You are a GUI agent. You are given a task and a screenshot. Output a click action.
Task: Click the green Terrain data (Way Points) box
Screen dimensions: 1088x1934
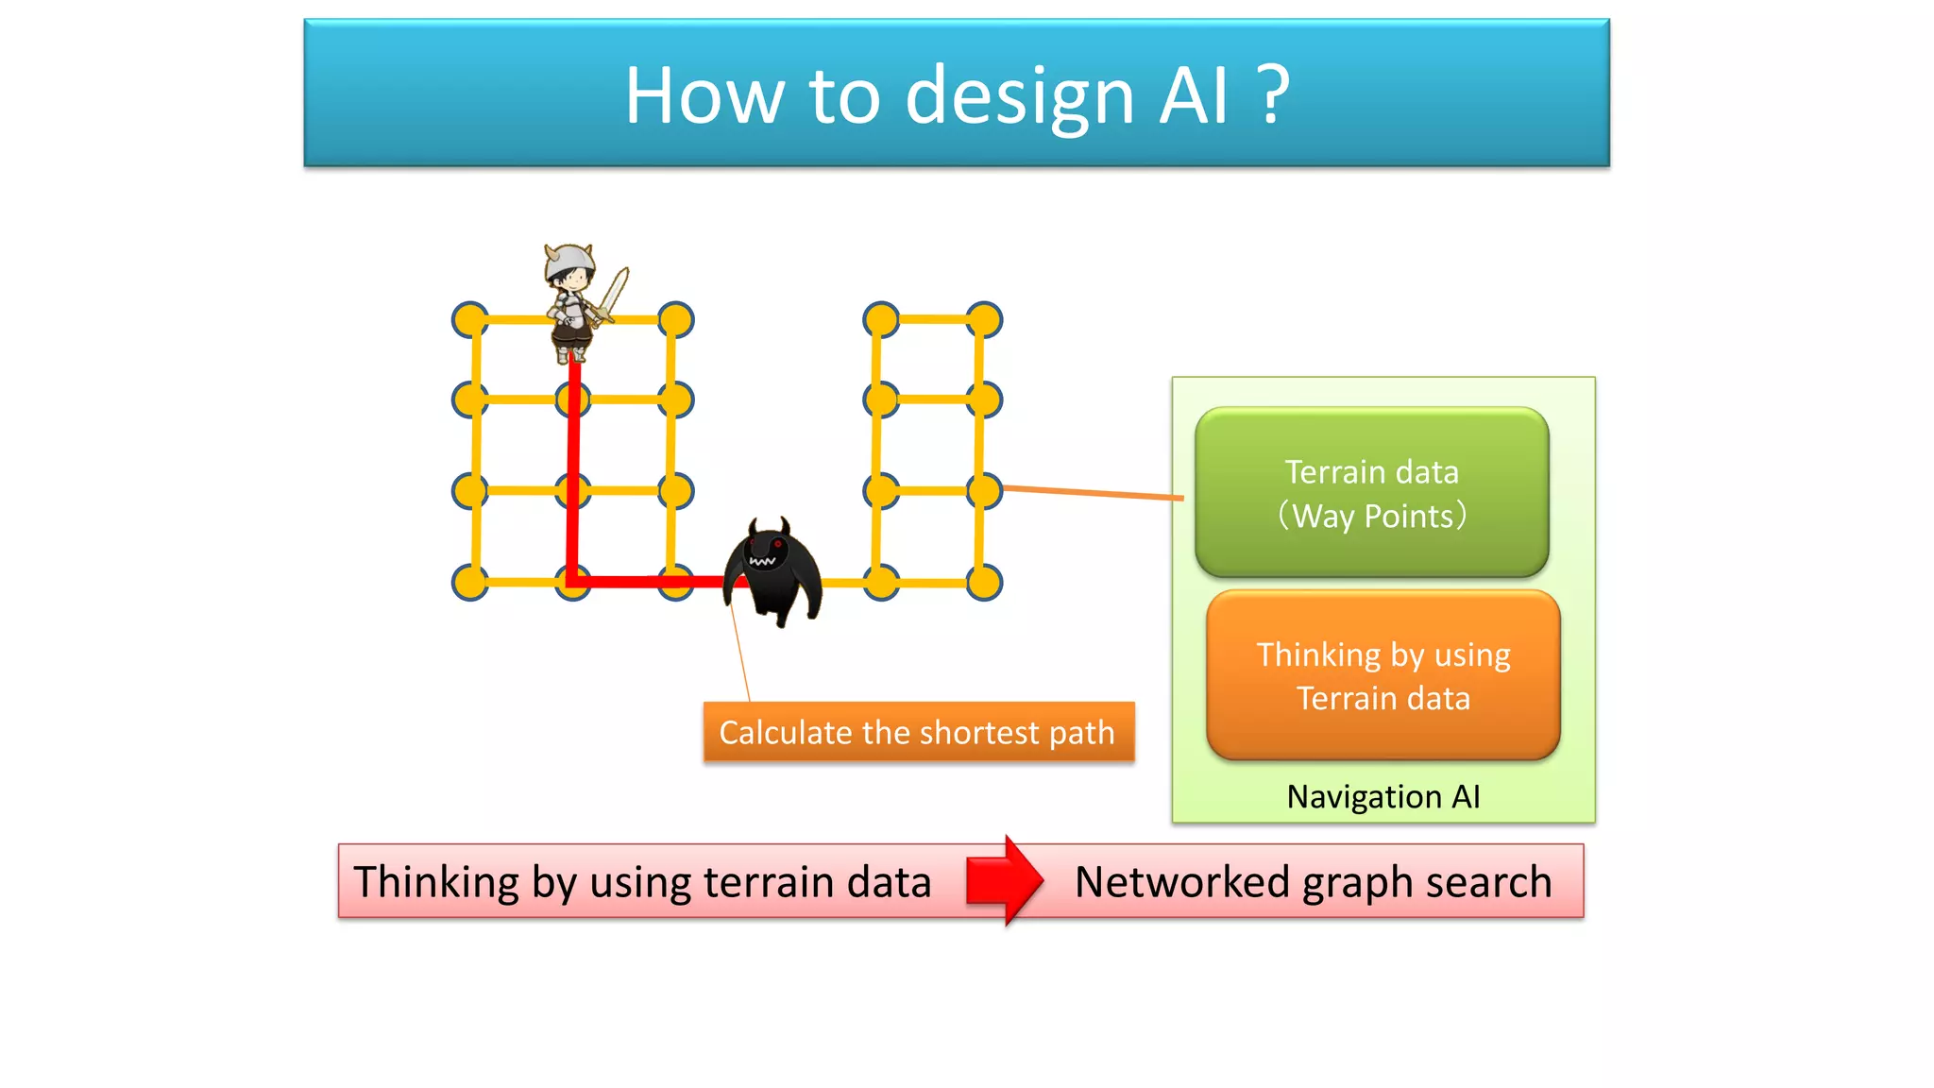click(1371, 493)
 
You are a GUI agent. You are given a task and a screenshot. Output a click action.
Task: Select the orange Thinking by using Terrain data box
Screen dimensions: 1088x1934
click(1383, 675)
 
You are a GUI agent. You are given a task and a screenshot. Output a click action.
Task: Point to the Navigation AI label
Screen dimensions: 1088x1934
click(1383, 797)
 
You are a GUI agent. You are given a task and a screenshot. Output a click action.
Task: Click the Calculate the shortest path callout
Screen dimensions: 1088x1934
click(918, 732)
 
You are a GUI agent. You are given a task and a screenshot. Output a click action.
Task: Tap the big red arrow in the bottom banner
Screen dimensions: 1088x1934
click(1004, 880)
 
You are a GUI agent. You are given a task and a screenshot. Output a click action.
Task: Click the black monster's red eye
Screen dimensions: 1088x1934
click(778, 545)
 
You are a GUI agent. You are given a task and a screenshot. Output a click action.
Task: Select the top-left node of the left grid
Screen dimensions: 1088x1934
click(469, 320)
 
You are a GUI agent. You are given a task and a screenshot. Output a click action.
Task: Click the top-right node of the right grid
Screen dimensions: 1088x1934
click(984, 320)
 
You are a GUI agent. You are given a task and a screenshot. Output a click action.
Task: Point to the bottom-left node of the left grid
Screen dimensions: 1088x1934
click(469, 583)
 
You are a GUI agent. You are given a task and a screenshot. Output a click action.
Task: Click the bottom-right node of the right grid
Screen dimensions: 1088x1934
click(984, 583)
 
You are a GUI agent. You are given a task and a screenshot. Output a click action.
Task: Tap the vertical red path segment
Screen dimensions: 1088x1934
click(572, 472)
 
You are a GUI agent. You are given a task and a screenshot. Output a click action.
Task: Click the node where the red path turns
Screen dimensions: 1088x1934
click(572, 582)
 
